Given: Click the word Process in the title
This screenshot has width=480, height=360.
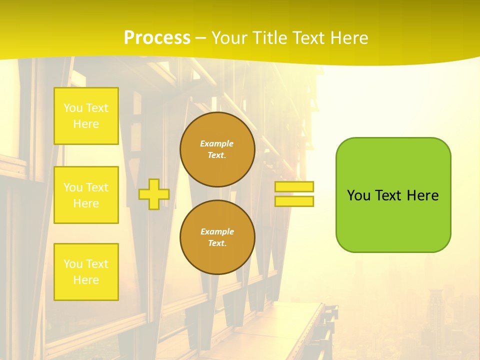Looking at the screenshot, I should [157, 38].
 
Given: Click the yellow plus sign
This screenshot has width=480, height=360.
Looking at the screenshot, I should [154, 194].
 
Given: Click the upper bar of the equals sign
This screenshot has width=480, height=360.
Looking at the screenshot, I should [294, 187].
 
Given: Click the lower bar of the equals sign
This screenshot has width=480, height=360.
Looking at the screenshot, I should [294, 201].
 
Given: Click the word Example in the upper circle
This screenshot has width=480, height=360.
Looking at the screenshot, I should [217, 143].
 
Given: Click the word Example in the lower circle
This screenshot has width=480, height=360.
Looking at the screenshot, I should [217, 231].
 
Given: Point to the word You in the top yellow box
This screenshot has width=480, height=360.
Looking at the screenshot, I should [72, 108].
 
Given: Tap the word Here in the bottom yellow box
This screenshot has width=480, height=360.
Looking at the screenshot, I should [86, 280].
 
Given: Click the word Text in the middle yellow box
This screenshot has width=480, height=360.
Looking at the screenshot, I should [96, 187].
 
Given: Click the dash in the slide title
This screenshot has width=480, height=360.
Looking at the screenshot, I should [201, 38].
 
